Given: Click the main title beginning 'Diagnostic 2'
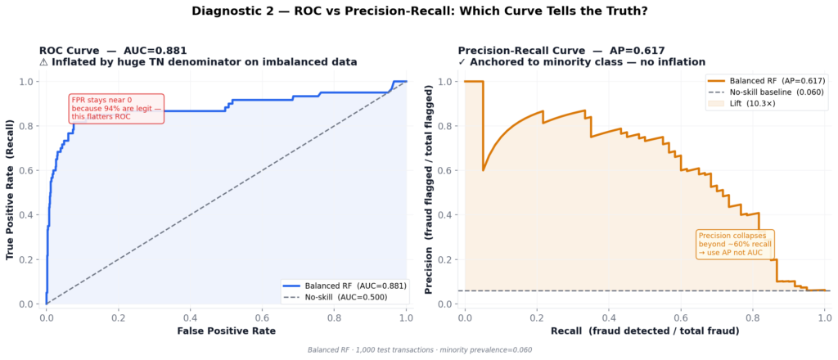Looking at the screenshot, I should [419, 11].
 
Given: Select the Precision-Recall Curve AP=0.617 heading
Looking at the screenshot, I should [561, 50].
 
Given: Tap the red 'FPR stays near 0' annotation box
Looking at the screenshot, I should [116, 109].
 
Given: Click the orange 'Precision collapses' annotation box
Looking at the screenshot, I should [734, 244].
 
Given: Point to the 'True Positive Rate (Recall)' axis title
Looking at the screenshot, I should [11, 191].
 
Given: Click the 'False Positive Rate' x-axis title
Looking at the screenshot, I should [226, 331].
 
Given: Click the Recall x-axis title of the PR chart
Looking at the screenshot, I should [646, 331].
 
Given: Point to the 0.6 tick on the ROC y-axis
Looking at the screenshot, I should [29, 170].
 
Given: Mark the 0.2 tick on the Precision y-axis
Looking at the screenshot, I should [447, 259].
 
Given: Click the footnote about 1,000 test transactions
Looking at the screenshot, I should [419, 350].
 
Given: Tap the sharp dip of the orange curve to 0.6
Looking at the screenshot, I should [483, 169].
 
